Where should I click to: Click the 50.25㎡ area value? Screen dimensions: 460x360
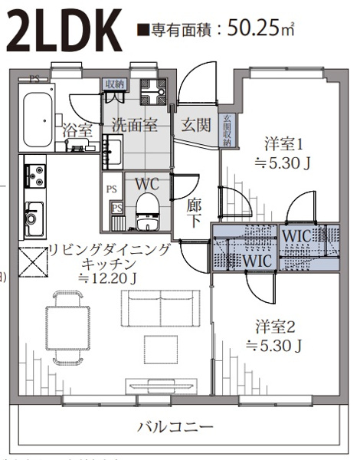pyautogui.click(x=260, y=29)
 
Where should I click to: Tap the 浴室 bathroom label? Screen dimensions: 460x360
pyautogui.click(x=77, y=130)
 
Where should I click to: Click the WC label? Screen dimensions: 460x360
pyautogui.click(x=146, y=184)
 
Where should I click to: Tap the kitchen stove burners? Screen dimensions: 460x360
pyautogui.click(x=34, y=178)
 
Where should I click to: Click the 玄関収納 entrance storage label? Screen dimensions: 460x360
pyautogui.click(x=227, y=130)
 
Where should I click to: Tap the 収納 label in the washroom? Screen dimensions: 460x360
pyautogui.click(x=115, y=84)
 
